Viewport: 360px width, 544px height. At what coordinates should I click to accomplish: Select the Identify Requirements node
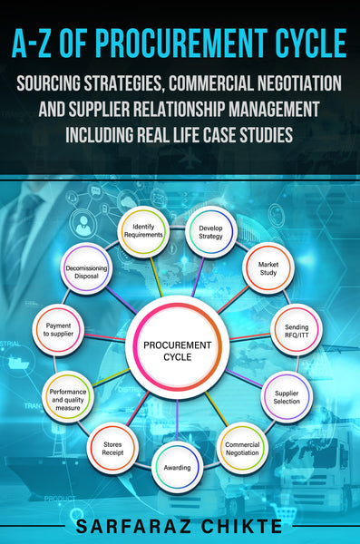point(148,230)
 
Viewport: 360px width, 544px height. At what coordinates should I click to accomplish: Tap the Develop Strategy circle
point(210,230)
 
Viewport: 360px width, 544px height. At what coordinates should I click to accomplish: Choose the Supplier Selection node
point(287,397)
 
